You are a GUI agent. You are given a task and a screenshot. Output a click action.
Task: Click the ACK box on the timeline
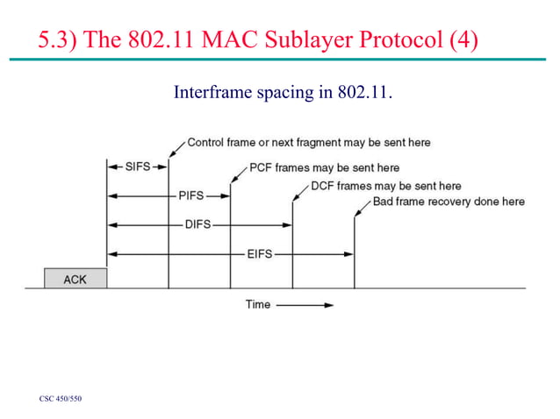tap(75, 278)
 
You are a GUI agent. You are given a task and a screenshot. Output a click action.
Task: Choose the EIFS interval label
tap(258, 253)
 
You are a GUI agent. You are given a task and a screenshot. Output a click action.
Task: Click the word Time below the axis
tap(257, 305)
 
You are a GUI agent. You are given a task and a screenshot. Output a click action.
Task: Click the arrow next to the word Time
tap(306, 305)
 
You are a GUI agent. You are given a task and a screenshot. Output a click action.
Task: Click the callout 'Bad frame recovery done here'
tap(449, 202)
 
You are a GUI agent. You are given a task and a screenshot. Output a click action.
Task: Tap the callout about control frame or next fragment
tap(309, 142)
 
